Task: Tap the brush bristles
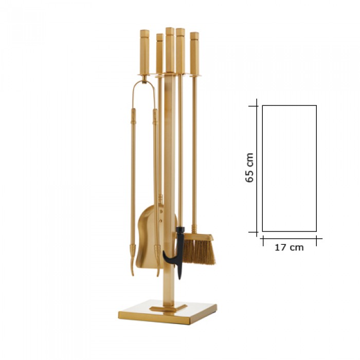point(199,251)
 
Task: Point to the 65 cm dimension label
point(249,168)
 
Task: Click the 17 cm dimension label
point(289,247)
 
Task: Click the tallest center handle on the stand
point(170,50)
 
